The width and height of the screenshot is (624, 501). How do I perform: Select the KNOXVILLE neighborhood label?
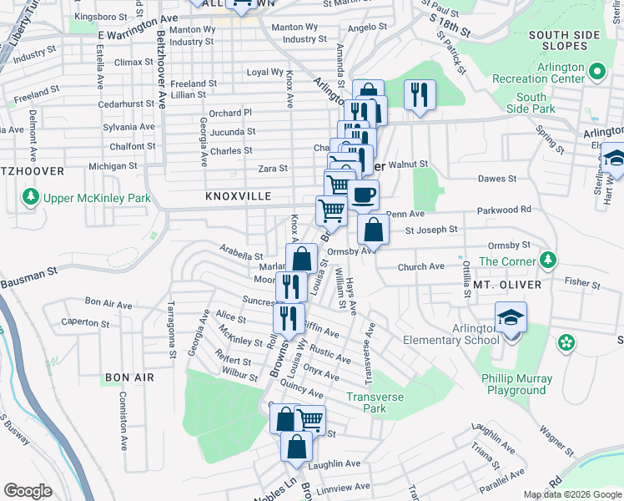pyautogui.click(x=238, y=195)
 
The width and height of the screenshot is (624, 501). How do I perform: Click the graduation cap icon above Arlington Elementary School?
pyautogui.click(x=511, y=318)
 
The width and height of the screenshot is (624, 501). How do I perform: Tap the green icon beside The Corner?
pyautogui.click(x=547, y=261)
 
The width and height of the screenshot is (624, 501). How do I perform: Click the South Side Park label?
pyautogui.click(x=531, y=104)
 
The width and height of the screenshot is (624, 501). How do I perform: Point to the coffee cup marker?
pyautogui.click(x=363, y=196)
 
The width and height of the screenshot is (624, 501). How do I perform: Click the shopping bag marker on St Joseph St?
pyautogui.click(x=373, y=229)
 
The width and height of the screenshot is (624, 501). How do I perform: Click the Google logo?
pyautogui.click(x=28, y=491)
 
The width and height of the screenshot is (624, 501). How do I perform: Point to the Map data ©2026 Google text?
pyautogui.click(x=571, y=494)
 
